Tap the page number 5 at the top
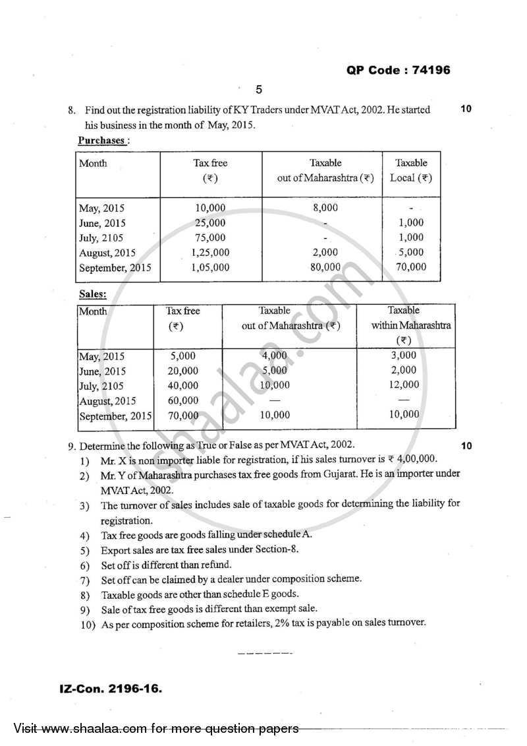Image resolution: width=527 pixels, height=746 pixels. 258,90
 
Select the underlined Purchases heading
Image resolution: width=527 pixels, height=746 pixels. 102,140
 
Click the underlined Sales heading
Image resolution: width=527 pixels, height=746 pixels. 92,294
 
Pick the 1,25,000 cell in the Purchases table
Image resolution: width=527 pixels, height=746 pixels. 210,253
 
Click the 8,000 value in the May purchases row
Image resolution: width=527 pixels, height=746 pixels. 322,208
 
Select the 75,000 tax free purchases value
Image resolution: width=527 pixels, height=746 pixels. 210,238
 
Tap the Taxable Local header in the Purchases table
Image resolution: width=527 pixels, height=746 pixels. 411,170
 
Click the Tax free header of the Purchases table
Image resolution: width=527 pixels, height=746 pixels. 210,170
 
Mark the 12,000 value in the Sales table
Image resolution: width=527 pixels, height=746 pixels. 404,385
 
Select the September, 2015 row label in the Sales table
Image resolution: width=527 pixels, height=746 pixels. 115,416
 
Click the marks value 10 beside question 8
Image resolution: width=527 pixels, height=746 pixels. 466,109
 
